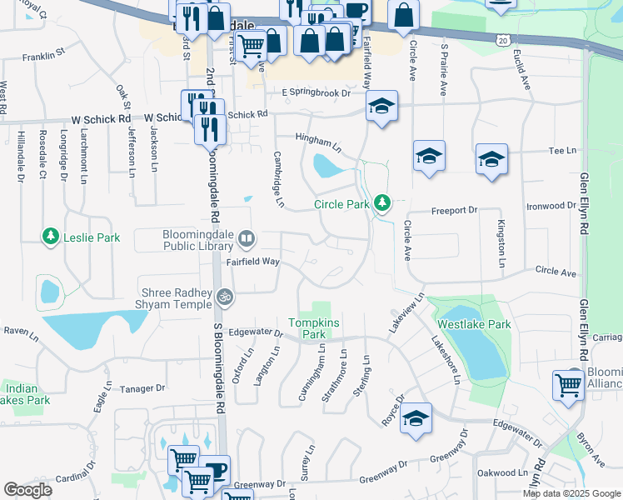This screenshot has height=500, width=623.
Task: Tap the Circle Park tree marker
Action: tap(382, 202)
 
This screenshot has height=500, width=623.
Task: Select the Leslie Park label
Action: tap(96, 237)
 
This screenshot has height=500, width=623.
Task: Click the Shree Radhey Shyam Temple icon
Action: tap(223, 296)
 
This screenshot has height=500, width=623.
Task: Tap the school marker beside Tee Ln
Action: tap(491, 158)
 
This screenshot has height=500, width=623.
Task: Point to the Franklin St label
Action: tap(44, 56)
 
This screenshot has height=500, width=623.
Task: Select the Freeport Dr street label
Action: tap(454, 211)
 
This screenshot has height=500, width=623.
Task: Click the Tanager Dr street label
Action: tap(143, 388)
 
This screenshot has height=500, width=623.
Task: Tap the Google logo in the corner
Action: tap(27, 489)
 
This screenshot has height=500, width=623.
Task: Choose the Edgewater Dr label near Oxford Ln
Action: tap(256, 332)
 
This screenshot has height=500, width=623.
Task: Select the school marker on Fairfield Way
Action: tap(381, 107)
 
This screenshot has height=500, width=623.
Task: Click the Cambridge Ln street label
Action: tap(280, 179)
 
